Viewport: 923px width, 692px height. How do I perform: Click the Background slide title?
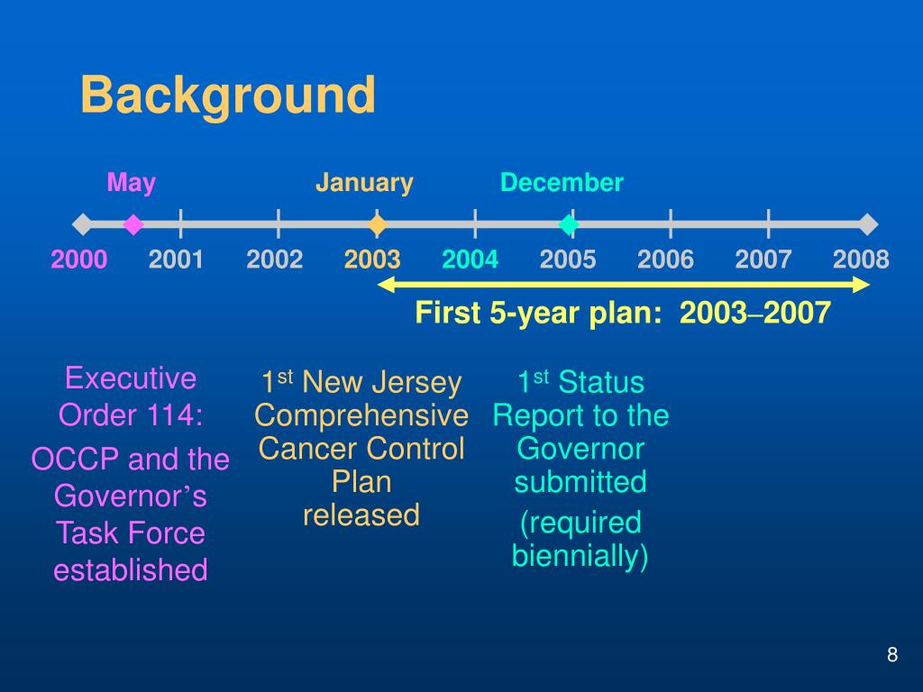pos(228,96)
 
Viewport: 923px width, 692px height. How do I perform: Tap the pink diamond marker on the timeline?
pos(133,224)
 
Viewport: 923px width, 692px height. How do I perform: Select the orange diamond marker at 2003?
pos(378,224)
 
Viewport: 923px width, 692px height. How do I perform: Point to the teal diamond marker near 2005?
pos(569,224)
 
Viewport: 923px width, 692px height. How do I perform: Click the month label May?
pos(132,183)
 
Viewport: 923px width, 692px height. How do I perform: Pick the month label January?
pos(364,183)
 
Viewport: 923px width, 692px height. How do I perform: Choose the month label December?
pos(562,182)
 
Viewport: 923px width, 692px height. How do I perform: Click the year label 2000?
pos(79,259)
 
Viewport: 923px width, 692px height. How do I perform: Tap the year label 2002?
pos(274,259)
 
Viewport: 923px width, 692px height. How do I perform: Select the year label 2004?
pos(470,259)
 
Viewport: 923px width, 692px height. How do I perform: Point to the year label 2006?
pos(665,259)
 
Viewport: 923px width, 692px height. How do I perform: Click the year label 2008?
pos(861,259)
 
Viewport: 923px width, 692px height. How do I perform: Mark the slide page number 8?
pos(892,654)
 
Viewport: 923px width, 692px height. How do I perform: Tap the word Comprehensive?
pos(361,416)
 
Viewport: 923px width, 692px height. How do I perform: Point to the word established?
pos(131,569)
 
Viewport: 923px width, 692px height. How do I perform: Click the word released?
pos(361,514)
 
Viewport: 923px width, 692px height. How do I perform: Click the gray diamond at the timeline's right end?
pos(868,224)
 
